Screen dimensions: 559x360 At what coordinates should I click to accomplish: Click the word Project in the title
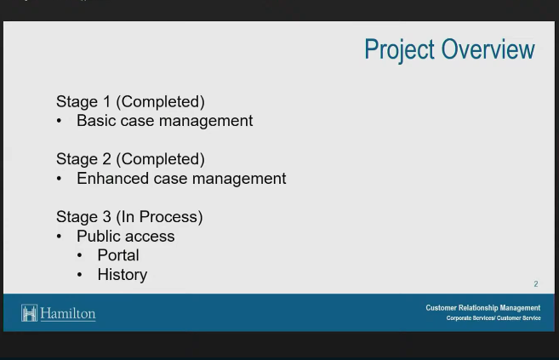(x=399, y=50)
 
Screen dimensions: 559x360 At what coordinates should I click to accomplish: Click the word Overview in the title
(x=488, y=49)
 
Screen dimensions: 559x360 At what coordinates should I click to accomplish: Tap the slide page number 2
(x=536, y=283)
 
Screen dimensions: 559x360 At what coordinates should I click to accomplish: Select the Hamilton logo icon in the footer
(x=29, y=313)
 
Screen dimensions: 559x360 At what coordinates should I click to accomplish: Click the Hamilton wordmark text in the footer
(x=68, y=314)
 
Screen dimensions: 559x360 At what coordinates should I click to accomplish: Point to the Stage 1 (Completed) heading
(x=130, y=101)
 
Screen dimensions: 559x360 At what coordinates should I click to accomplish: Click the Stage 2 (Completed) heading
(x=130, y=159)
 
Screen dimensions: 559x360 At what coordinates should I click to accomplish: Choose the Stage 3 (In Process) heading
(x=129, y=217)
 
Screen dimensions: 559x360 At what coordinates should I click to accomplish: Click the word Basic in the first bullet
(x=96, y=121)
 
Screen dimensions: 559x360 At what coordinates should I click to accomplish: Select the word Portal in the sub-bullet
(x=118, y=255)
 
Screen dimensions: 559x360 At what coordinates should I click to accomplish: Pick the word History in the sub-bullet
(x=123, y=275)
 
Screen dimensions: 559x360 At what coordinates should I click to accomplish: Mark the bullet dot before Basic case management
(x=59, y=121)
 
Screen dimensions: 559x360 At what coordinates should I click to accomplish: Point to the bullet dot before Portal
(x=79, y=255)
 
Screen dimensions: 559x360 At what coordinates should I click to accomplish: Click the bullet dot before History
(x=79, y=275)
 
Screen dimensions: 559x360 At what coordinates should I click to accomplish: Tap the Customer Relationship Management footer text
(x=483, y=308)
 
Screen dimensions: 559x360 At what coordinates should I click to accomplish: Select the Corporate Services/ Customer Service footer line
(x=493, y=318)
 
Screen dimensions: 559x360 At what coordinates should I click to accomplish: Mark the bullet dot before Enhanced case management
(x=59, y=179)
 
